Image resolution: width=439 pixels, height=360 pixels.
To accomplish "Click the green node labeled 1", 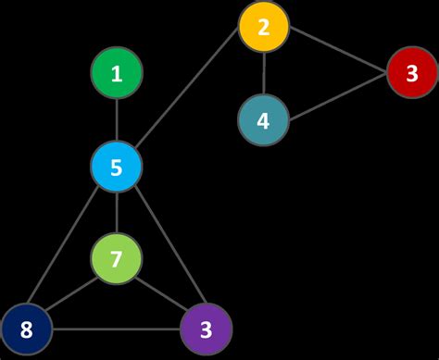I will coord(117,74).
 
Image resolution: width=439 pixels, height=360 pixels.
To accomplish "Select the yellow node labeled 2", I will coord(264,27).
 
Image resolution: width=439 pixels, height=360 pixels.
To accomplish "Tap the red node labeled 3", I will coord(412,72).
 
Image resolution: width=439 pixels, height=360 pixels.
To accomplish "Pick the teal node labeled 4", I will coord(263,120).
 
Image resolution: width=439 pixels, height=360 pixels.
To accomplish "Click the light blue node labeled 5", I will coord(117,168).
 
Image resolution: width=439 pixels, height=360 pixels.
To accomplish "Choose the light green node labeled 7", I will coord(117,259).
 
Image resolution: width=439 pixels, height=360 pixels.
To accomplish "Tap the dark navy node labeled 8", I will coord(25,329).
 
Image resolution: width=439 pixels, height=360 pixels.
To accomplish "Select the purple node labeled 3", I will coord(206,329).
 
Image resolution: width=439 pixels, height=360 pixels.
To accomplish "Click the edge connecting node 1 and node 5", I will coord(117,120).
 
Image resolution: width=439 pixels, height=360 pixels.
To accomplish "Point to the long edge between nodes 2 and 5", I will coord(190,97).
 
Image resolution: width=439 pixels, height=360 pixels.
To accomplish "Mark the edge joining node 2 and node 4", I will coord(264,73).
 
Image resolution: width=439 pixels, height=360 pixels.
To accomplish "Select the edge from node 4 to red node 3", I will coord(338,96).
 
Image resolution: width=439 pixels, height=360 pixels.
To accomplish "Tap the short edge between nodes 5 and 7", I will coord(117,213).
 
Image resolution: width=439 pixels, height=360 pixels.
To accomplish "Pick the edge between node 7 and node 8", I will coord(71,293).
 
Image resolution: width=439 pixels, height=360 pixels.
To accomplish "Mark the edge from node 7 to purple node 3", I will coord(161,293).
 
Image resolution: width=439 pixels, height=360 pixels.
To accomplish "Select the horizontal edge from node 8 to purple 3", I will coord(116,329).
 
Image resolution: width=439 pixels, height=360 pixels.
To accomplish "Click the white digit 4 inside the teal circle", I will coord(263,121).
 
